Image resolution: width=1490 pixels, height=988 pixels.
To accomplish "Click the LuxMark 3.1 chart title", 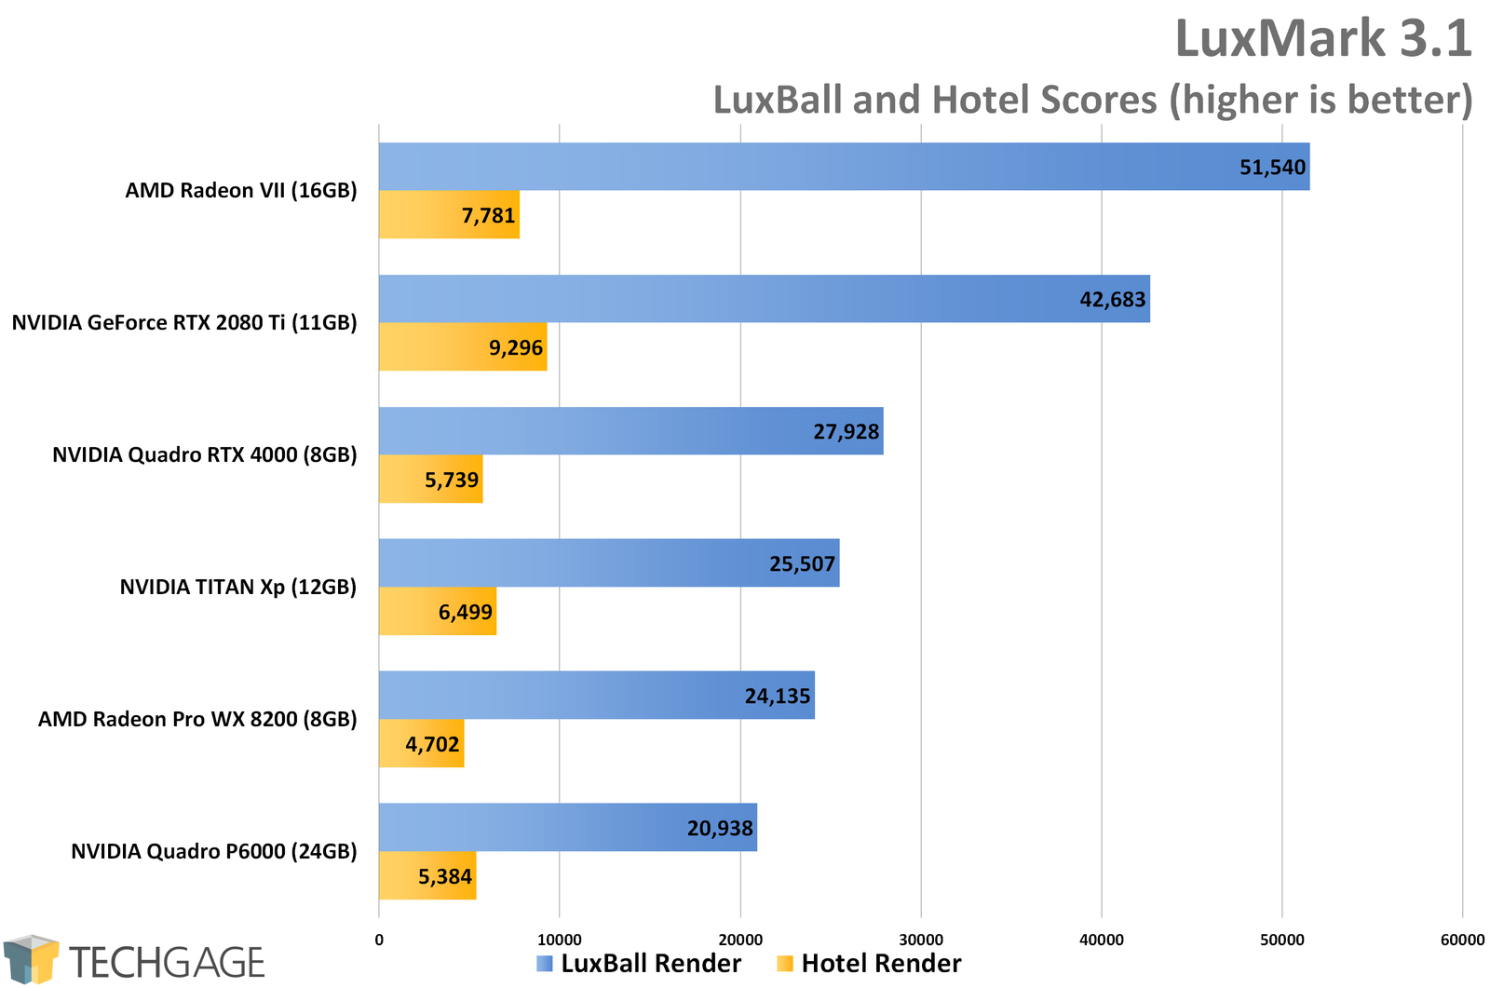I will (1322, 39).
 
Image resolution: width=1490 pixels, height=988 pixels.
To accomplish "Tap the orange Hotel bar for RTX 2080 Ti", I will (462, 347).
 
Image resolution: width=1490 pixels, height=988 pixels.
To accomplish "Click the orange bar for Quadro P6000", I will (427, 876).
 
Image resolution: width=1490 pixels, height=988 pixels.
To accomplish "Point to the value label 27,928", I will (846, 432).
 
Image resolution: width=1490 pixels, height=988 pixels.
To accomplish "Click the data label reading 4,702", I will (432, 745).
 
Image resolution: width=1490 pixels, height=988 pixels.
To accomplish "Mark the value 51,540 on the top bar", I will (1272, 168).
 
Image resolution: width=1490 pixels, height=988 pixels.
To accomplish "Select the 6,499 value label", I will (465, 613).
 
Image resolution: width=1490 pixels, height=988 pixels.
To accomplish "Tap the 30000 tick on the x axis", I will (920, 941).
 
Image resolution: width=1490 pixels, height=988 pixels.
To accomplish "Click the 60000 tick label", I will (1462, 941).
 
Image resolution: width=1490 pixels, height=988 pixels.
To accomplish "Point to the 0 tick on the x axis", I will (379, 941).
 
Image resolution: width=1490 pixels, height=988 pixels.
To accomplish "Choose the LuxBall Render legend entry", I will (640, 964).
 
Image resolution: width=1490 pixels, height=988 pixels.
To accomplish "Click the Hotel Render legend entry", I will (870, 964).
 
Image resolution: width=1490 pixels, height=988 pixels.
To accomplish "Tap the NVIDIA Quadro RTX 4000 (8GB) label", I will (204, 455).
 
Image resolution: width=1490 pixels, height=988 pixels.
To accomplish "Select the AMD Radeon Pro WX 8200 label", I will (196, 720).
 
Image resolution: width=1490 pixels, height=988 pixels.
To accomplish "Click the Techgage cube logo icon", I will (31, 959).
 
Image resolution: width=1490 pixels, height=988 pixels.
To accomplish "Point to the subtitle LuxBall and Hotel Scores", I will (1091, 101).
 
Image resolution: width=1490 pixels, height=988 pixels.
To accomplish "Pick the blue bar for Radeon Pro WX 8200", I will (596, 696).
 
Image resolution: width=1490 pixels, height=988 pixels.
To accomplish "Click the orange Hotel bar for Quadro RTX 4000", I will (430, 480).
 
